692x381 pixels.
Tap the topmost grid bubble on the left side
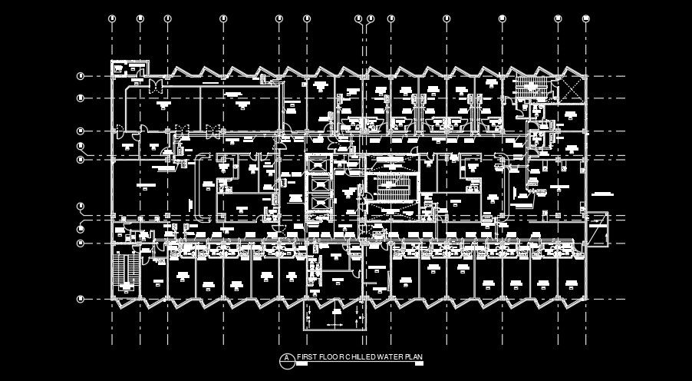pyautogui.click(x=80, y=75)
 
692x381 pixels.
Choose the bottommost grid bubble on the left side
pyautogui.click(x=80, y=297)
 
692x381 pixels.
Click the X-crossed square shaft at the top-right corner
pyautogui.click(x=571, y=85)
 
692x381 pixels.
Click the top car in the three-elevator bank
pyautogui.click(x=318, y=165)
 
